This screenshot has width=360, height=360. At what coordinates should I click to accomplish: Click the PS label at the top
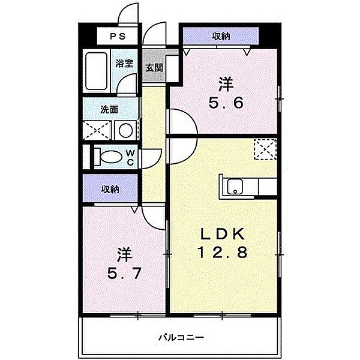pos(118,36)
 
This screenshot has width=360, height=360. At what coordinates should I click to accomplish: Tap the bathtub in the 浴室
pos(97,71)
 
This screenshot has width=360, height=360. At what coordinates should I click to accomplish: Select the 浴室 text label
pos(124,63)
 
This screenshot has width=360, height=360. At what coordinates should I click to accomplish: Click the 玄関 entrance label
pos(154,68)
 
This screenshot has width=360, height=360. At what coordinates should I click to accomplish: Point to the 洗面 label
pos(109,110)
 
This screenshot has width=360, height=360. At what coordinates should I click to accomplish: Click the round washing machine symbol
pos(126,130)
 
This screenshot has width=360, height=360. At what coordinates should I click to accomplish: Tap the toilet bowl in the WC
pos(112,157)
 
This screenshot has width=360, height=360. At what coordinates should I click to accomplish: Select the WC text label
pos(130,157)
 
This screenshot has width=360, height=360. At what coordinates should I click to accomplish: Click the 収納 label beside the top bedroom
pos(221,36)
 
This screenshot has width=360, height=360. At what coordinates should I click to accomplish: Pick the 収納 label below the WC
pos(110,190)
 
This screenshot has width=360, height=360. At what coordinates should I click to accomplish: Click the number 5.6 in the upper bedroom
pos(226,103)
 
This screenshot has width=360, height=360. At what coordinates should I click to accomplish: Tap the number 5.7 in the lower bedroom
pos(124,274)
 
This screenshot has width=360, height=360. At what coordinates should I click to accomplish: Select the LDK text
pos(222,235)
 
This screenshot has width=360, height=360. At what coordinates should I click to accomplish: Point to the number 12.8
pos(222,252)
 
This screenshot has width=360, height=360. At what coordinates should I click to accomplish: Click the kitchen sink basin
pos(235,186)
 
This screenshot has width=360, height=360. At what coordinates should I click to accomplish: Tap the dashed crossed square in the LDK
pos(265,149)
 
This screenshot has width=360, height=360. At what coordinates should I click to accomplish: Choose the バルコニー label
pos(181,337)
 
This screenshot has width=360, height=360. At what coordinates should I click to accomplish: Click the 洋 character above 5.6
pos(226,85)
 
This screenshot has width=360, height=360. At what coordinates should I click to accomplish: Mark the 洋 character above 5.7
pos(124,255)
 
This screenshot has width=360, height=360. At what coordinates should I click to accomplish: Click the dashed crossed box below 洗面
pos(97,130)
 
